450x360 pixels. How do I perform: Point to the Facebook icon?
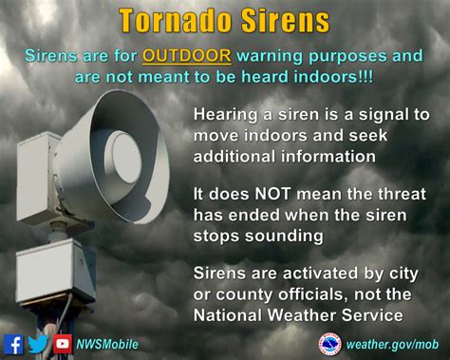tap(14, 344)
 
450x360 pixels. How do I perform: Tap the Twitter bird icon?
tap(39, 344)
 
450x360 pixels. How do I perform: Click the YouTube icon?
tap(63, 344)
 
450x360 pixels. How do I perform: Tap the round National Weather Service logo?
tap(330, 343)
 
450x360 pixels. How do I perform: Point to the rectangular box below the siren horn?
tap(57, 270)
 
